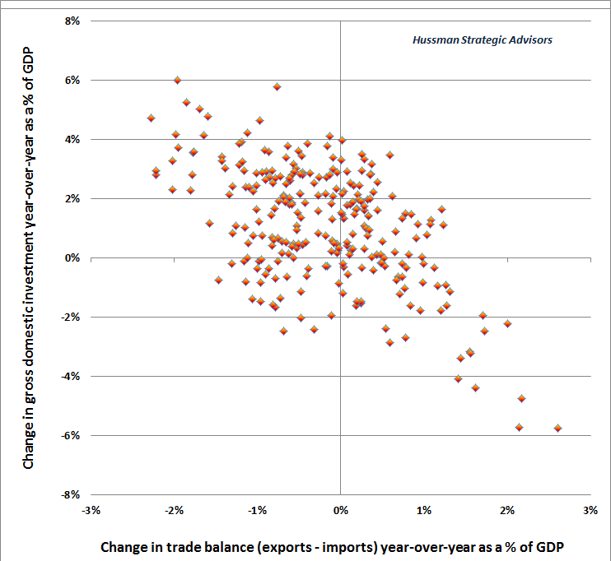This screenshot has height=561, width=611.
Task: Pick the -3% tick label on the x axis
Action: coord(91,510)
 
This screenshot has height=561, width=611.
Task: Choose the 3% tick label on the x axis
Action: coord(590,510)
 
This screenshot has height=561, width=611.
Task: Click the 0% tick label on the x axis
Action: coord(341,510)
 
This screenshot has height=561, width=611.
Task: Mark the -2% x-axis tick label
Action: coord(175,510)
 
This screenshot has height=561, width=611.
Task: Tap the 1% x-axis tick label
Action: coord(424,510)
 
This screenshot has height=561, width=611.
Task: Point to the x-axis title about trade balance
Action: coord(334,546)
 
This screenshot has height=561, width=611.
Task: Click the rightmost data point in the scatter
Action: coord(557,428)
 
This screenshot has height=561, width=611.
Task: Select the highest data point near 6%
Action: coord(177,80)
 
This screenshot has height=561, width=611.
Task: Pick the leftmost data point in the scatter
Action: coord(151,118)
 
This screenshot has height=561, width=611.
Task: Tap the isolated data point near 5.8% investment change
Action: coord(277,86)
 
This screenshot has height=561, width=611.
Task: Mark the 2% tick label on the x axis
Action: coord(507,510)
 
